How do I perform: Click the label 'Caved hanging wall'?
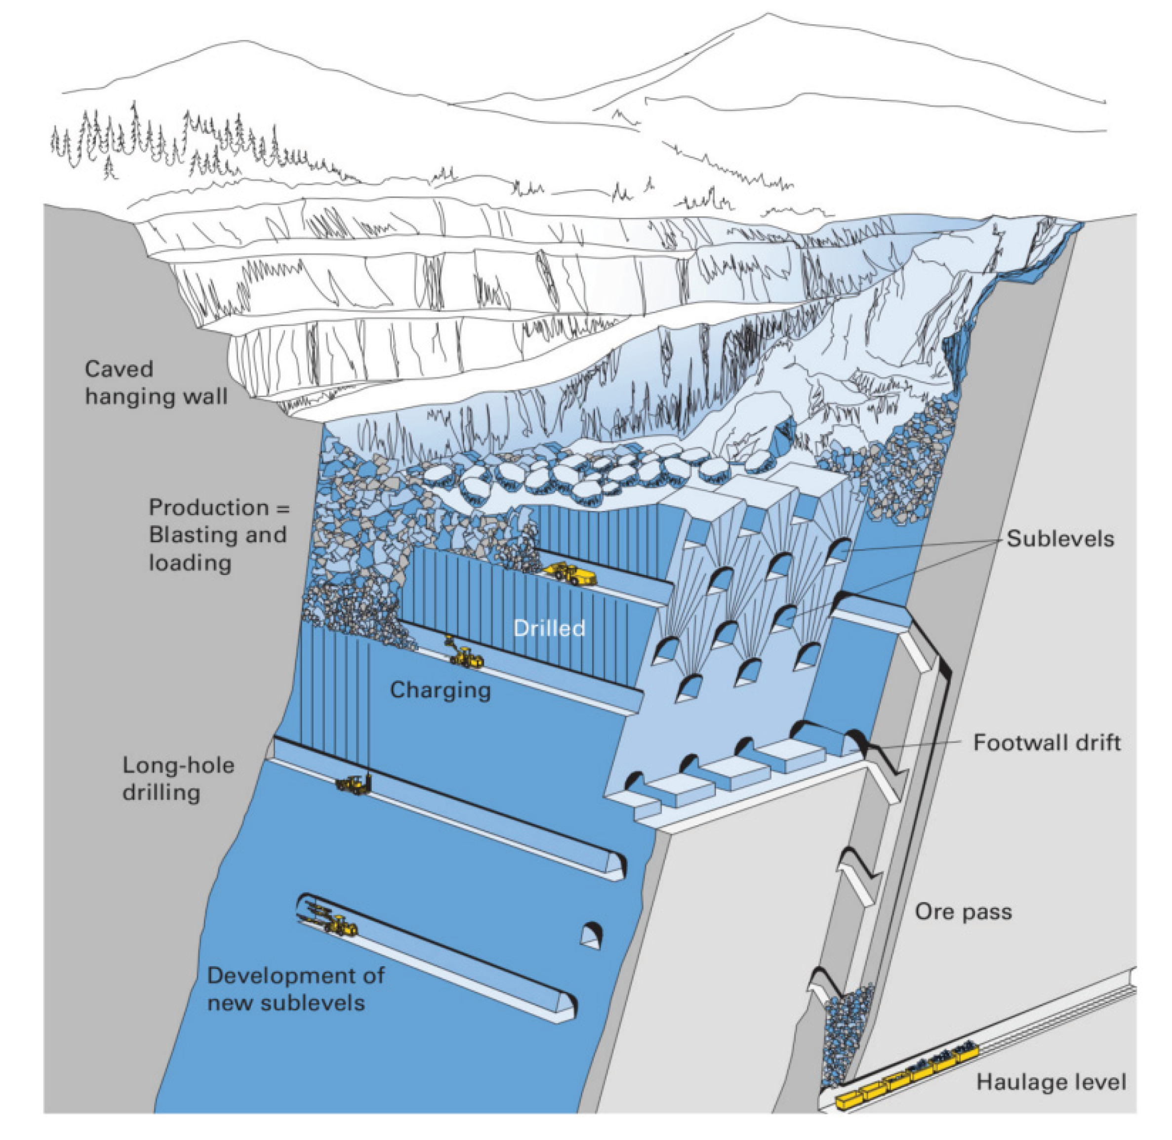pos(156,382)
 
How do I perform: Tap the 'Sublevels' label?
pos(1060,538)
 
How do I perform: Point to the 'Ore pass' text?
pos(963,912)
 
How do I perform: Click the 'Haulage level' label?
pos(1051,1081)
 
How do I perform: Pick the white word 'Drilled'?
pos(549,628)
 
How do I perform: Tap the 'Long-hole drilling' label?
pos(178,778)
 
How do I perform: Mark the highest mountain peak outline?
pos(768,14)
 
